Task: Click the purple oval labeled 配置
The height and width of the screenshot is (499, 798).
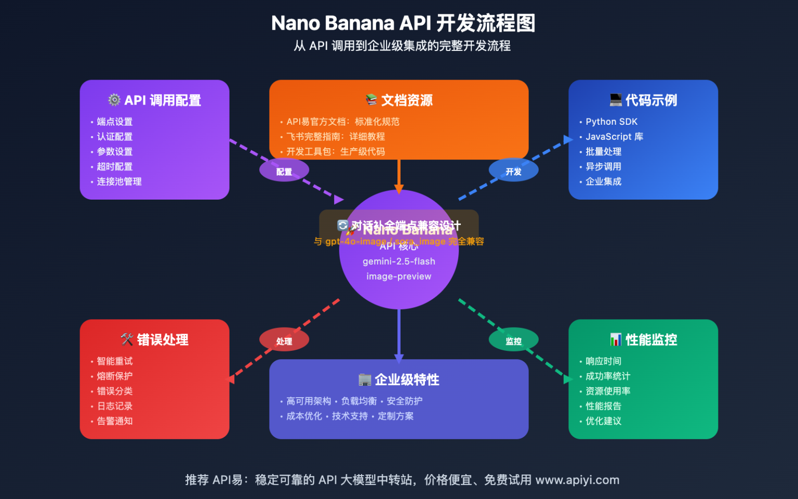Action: click(284, 171)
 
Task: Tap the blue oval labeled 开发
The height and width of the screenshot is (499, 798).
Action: click(513, 171)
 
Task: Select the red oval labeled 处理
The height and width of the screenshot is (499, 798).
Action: click(284, 340)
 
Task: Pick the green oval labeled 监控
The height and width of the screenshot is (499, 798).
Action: click(513, 340)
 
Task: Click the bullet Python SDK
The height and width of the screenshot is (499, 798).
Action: click(611, 122)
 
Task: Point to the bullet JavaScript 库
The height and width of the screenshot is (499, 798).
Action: click(614, 137)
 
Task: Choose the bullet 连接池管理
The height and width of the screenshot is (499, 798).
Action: click(119, 181)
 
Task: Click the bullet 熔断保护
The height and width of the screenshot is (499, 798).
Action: click(114, 376)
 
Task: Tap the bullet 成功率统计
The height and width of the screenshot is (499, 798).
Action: click(607, 376)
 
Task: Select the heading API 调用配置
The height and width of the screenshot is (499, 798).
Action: click(162, 100)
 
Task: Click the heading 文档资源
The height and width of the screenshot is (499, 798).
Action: click(406, 100)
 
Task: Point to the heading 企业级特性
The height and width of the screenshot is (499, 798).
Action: click(406, 380)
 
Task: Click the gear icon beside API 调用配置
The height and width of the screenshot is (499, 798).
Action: click(114, 100)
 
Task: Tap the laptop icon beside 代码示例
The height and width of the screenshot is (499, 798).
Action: click(616, 100)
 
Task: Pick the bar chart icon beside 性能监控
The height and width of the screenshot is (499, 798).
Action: click(616, 340)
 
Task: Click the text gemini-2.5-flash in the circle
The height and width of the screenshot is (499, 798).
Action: click(398, 261)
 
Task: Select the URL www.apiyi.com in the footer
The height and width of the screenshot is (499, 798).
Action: click(577, 480)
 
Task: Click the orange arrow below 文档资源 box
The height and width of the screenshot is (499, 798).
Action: click(398, 177)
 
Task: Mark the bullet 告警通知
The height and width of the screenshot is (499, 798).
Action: click(114, 421)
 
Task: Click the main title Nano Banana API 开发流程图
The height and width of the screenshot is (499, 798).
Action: click(403, 23)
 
